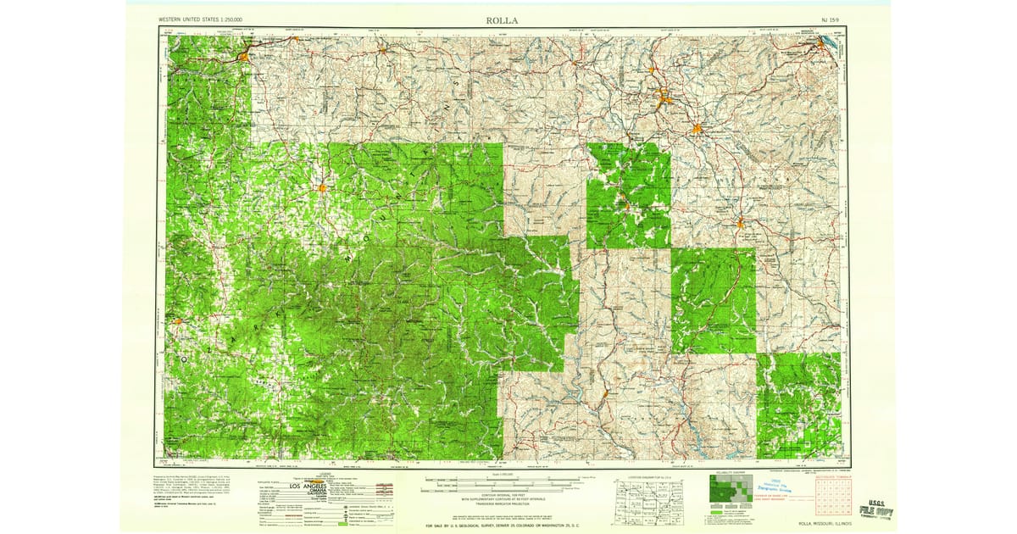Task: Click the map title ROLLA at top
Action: (x=503, y=19)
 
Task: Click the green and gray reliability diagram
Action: (x=730, y=491)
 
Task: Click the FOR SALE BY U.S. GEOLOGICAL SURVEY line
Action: (x=503, y=524)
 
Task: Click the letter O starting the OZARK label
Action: (x=182, y=359)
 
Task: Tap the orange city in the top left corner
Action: (x=244, y=57)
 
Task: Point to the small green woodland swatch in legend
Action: (x=343, y=526)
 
